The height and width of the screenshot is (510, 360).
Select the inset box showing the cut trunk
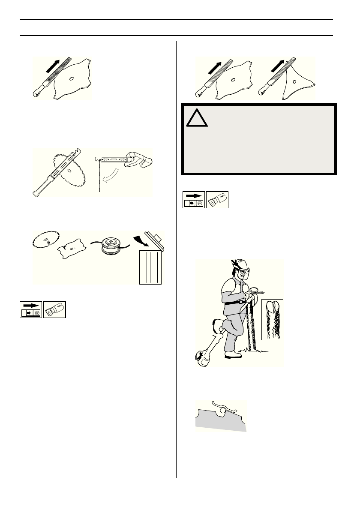click(x=273, y=320)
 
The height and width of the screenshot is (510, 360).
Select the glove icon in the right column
click(x=217, y=199)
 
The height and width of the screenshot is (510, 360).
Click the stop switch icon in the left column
click(x=31, y=309)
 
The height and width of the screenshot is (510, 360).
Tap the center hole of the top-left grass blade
click(x=71, y=78)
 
